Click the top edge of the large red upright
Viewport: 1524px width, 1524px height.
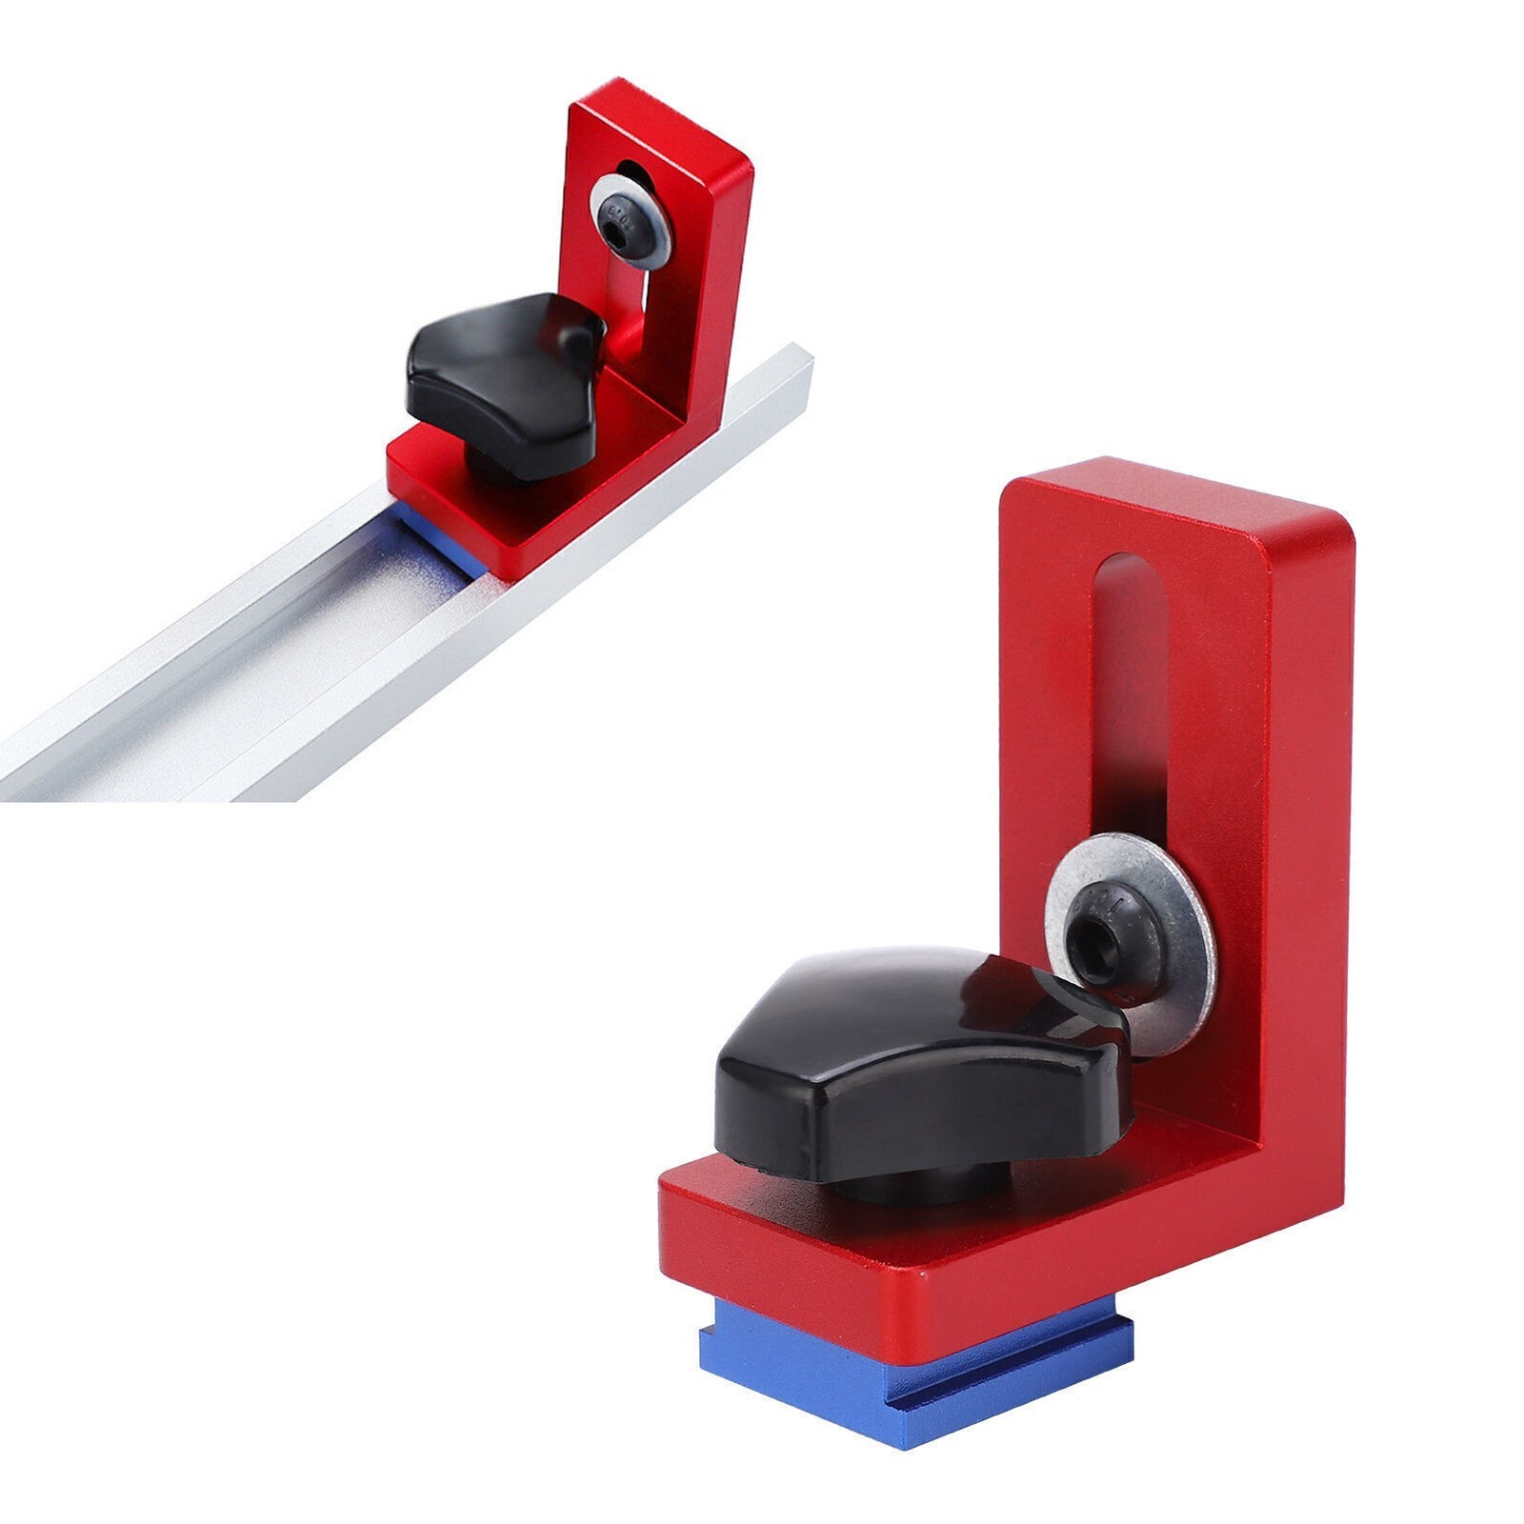coord(1143,476)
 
